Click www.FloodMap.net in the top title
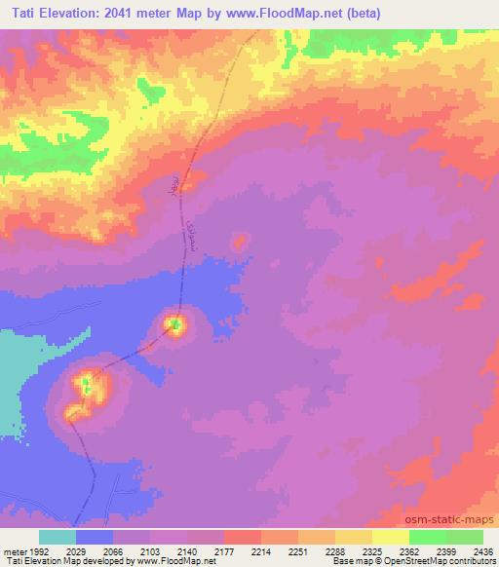tap(282, 14)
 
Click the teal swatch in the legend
tap(58, 537)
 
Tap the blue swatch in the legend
tap(95, 537)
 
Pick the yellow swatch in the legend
tap(390, 537)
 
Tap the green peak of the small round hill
tap(175, 324)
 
